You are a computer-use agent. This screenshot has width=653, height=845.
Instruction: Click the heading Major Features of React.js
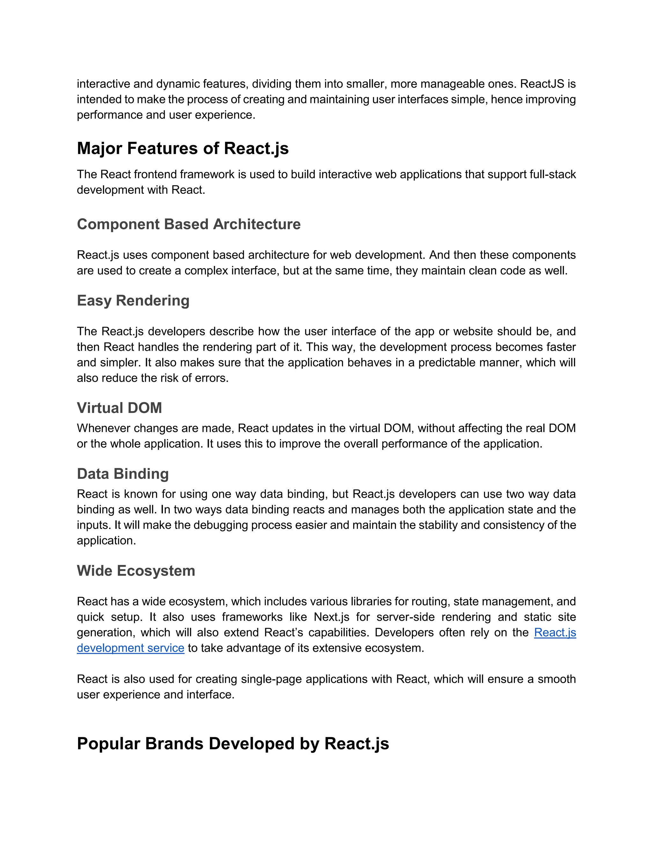click(x=183, y=149)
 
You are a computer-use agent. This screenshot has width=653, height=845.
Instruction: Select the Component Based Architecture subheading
click(x=188, y=224)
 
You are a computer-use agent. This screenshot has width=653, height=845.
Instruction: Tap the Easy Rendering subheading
click(x=133, y=301)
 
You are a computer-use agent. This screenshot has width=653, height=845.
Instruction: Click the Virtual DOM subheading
click(x=119, y=408)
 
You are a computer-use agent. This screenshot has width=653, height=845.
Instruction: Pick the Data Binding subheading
click(x=123, y=474)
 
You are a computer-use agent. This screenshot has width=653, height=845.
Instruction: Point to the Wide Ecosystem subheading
click(x=136, y=571)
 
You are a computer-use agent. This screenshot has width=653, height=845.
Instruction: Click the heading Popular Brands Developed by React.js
click(x=233, y=744)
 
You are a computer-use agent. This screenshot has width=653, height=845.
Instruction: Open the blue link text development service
click(x=130, y=648)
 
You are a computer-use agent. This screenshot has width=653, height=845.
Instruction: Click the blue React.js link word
click(x=555, y=633)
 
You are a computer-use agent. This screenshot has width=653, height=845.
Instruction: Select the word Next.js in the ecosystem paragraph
click(x=332, y=617)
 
